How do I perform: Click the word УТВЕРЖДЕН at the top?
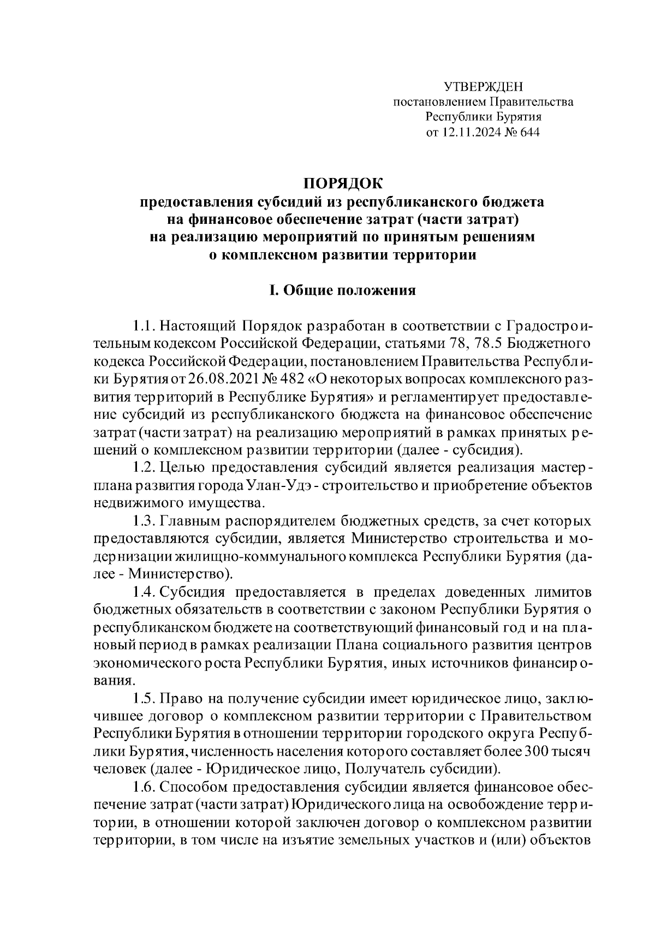click(483, 86)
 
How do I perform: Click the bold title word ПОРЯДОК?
click(343, 183)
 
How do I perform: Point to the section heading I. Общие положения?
click(342, 290)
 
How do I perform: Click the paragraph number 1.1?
click(145, 326)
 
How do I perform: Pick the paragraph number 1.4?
click(145, 592)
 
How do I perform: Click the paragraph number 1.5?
click(145, 699)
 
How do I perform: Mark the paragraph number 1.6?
click(145, 787)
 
